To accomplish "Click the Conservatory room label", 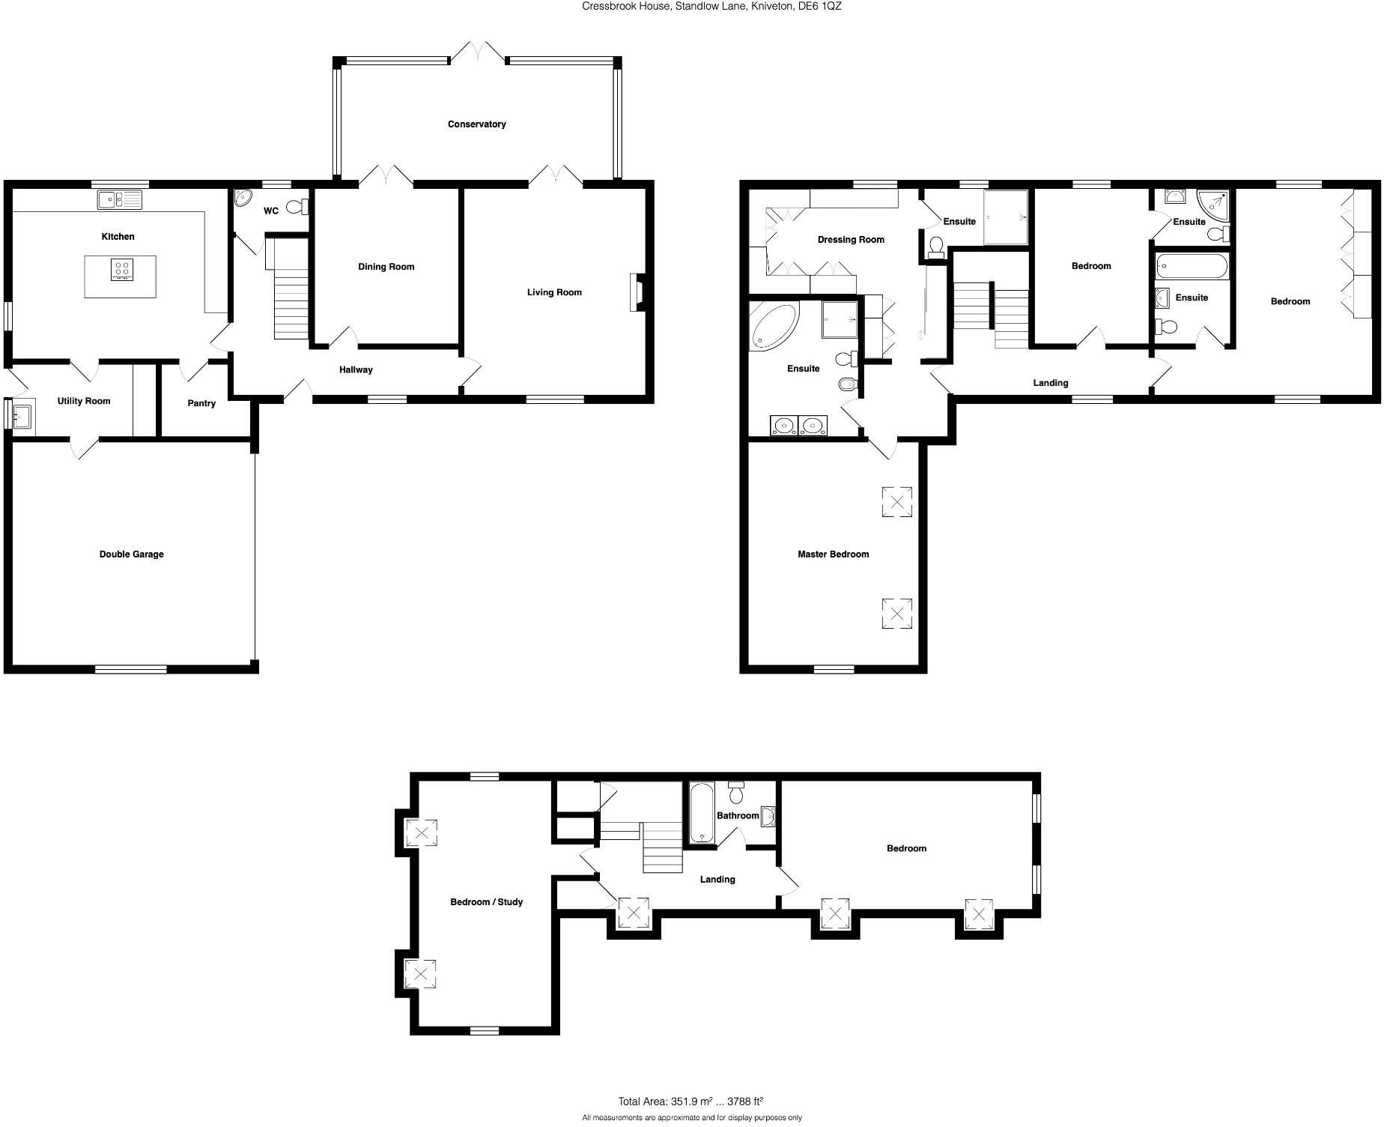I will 476,124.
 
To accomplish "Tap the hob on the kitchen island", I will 121,269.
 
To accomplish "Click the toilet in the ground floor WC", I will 295,207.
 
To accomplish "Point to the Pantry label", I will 201,403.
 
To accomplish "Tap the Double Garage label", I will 131,555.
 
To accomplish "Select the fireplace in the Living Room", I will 635,292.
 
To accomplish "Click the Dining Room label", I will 386,267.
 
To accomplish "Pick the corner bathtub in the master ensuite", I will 773,326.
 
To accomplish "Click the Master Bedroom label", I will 833,555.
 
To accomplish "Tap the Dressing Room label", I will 851,240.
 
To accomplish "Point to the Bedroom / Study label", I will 486,902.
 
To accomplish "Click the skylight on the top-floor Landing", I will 634,913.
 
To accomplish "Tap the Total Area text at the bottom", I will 690,1102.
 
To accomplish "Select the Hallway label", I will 356,369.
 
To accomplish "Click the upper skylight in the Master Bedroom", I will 896,501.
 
